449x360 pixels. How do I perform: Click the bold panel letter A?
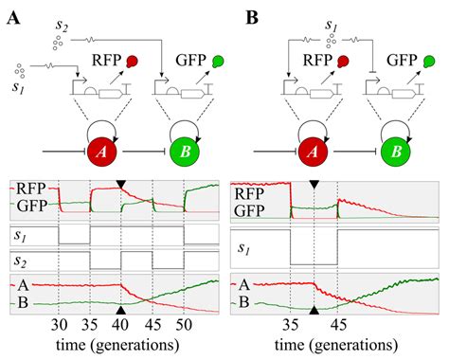click(x=13, y=18)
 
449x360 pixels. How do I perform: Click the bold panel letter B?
click(x=252, y=18)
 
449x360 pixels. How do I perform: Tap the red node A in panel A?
click(x=101, y=153)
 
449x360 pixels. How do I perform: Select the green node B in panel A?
click(x=185, y=153)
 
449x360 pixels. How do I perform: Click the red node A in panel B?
click(x=313, y=153)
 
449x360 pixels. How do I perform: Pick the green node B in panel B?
click(x=396, y=153)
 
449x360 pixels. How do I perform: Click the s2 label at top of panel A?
click(x=62, y=26)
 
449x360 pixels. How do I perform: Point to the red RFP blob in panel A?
click(x=132, y=62)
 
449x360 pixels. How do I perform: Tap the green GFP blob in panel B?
click(x=429, y=62)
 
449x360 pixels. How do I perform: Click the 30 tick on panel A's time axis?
click(x=59, y=325)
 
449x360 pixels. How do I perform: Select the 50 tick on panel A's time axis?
click(x=184, y=325)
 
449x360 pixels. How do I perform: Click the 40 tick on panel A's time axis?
click(x=121, y=325)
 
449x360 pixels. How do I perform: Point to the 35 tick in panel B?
click(x=291, y=325)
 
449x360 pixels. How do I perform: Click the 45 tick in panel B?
click(x=338, y=325)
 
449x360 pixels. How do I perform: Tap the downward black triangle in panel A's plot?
click(x=121, y=184)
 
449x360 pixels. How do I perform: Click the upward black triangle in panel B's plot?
click(x=314, y=310)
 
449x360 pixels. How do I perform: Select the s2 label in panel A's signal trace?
click(x=20, y=261)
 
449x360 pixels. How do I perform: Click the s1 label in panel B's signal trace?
click(x=244, y=248)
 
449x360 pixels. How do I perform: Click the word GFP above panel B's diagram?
click(x=402, y=60)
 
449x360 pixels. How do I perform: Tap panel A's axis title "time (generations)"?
click(x=117, y=345)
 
